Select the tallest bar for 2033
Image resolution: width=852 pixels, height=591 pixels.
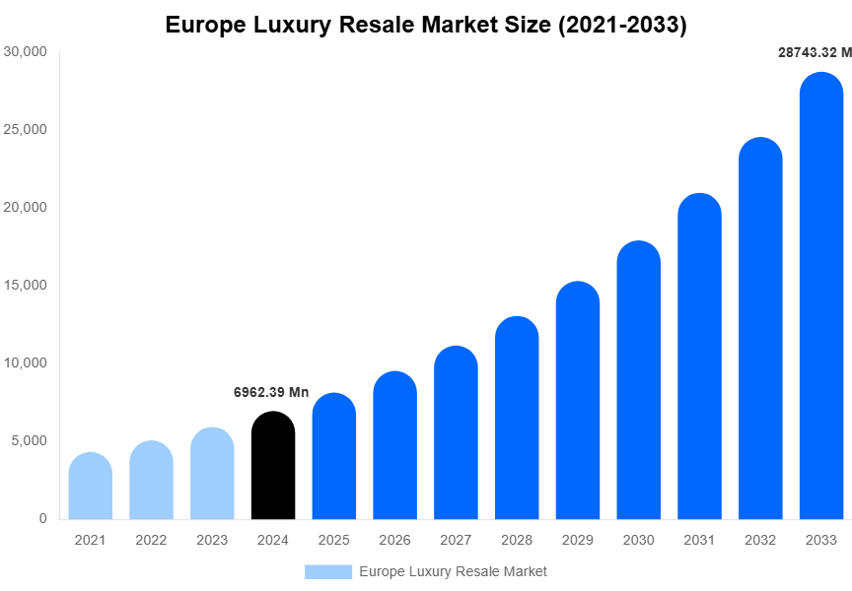[x=821, y=295]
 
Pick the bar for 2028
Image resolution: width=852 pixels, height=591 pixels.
[x=517, y=418]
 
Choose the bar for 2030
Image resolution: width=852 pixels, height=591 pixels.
[x=639, y=380]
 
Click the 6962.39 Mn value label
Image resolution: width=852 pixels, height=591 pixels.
[x=271, y=392]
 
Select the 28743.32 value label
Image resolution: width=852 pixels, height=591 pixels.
[x=815, y=53]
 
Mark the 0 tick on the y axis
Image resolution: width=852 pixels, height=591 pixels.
[x=42, y=518]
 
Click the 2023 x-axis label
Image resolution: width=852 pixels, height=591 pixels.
[x=212, y=540]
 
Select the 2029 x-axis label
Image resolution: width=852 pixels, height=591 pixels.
[x=578, y=540]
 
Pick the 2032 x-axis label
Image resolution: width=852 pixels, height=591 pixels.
[x=760, y=540]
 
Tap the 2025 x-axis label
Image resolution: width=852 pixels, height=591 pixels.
[x=334, y=540]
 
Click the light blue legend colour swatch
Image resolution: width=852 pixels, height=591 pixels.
[x=327, y=571]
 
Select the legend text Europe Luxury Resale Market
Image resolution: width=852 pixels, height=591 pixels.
[x=453, y=571]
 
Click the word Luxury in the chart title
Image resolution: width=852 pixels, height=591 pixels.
[x=293, y=26]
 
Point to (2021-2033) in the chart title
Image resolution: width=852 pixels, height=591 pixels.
[x=622, y=26]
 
